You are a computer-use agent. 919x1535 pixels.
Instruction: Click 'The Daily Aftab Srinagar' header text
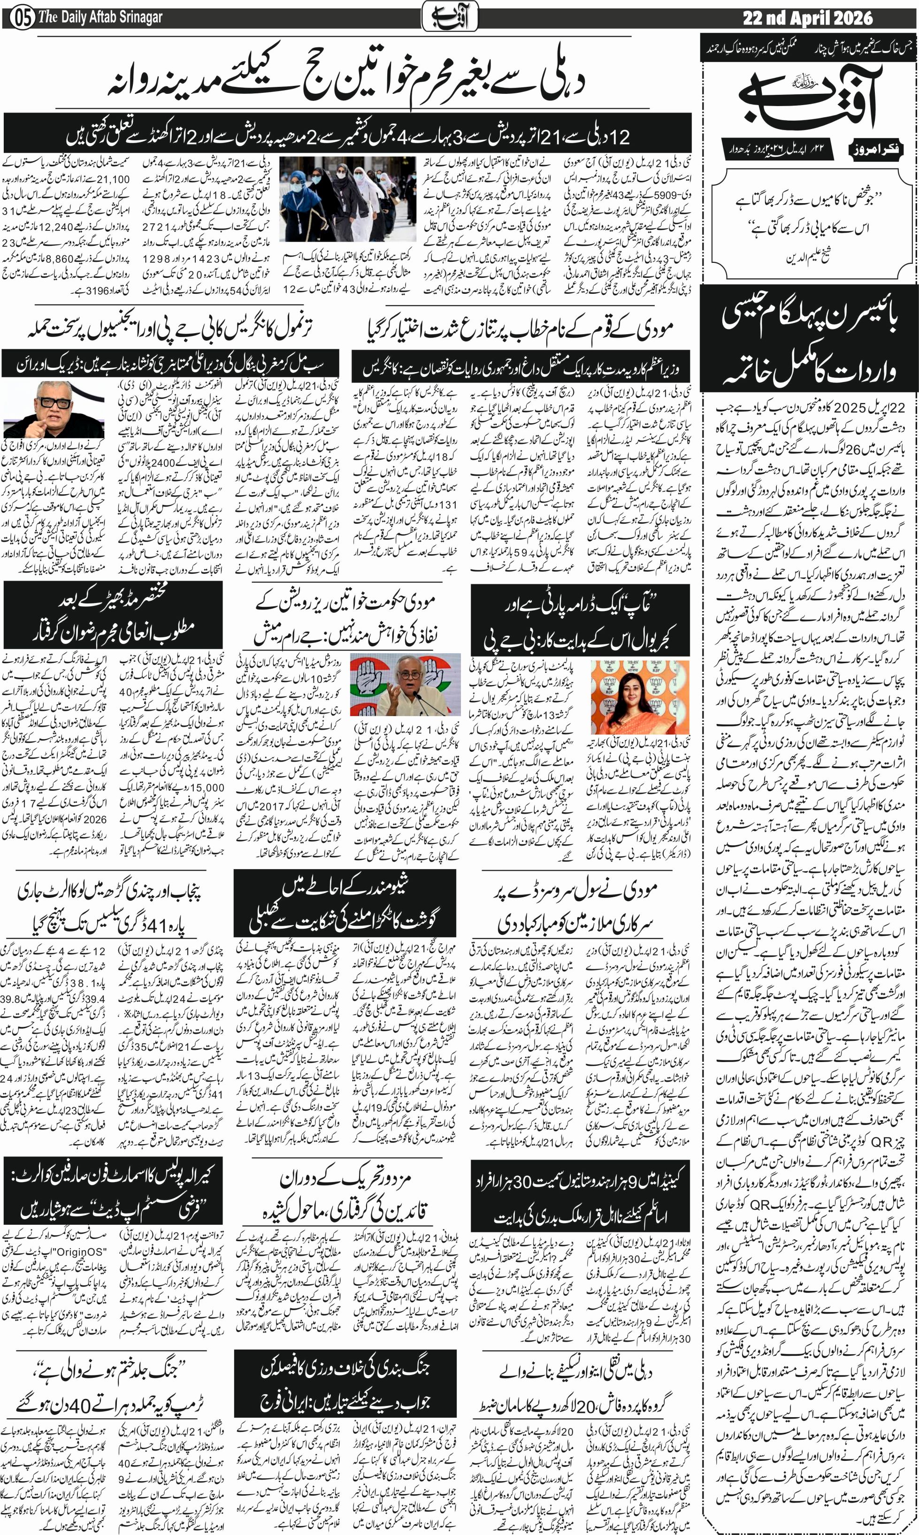pyautogui.click(x=100, y=17)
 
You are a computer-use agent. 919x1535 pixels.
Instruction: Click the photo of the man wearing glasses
pyautogui.click(x=54, y=409)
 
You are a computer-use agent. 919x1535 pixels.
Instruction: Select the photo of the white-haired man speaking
pyautogui.click(x=405, y=685)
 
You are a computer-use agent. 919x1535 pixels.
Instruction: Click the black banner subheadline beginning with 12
pyautogui.click(x=347, y=134)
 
